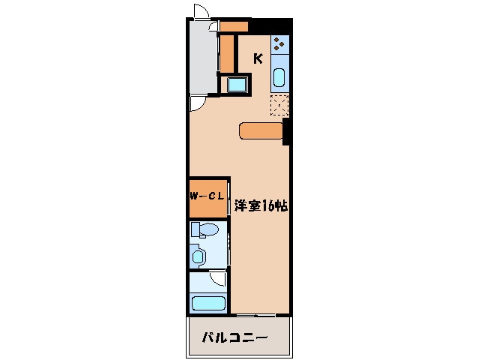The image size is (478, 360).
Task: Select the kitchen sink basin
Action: [279, 76]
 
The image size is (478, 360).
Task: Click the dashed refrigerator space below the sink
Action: [279, 106]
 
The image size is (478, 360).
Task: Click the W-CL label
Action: [207, 196]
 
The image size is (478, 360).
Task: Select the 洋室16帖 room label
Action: [261, 205]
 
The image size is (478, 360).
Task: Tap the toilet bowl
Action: [205, 229]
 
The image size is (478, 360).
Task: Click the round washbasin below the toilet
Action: [199, 256]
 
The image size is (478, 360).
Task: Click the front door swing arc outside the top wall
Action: [201, 11]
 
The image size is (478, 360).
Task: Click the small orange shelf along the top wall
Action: [234, 27]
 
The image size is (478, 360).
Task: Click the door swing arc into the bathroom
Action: [218, 279]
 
